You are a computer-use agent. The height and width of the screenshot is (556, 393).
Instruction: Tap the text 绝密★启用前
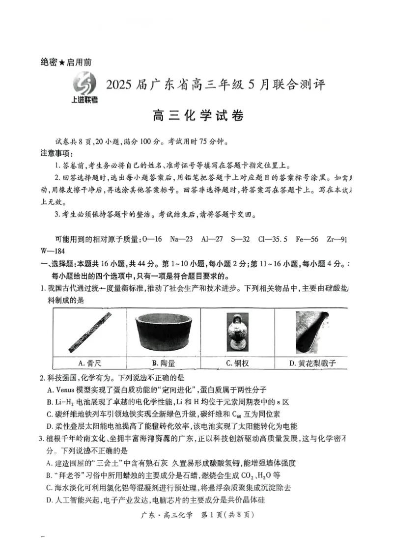[66, 62]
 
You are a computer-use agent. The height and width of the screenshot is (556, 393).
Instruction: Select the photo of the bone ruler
[90, 333]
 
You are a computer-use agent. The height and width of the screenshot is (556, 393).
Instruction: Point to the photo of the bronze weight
[237, 333]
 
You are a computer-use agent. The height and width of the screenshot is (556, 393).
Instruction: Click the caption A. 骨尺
[89, 363]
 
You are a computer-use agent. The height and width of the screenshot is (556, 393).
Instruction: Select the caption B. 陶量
[163, 363]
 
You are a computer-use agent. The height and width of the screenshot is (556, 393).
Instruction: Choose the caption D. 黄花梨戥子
[313, 363]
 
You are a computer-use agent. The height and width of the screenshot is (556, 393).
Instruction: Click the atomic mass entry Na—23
[182, 239]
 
